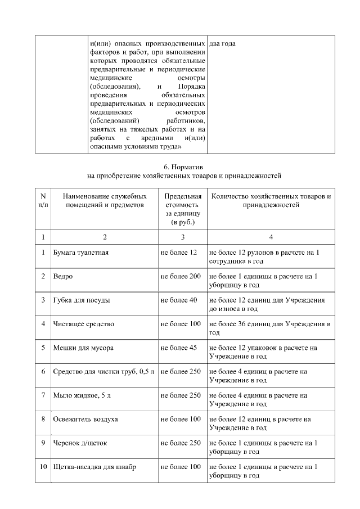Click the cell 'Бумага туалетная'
pyautogui.click(x=80, y=253)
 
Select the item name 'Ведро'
pyautogui.click(x=62, y=277)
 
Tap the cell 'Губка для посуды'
pyautogui.click(x=81, y=300)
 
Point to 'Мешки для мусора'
pyautogui.click(x=83, y=348)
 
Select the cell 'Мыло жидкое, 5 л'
pyautogui.click(x=82, y=395)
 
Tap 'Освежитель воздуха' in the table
pyautogui.click(x=85, y=419)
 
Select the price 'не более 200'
pyautogui.click(x=181, y=277)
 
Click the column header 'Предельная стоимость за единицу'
pyautogui.click(x=182, y=209)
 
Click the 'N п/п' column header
pyautogui.click(x=43, y=201)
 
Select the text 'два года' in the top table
pyautogui.click(x=222, y=43)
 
